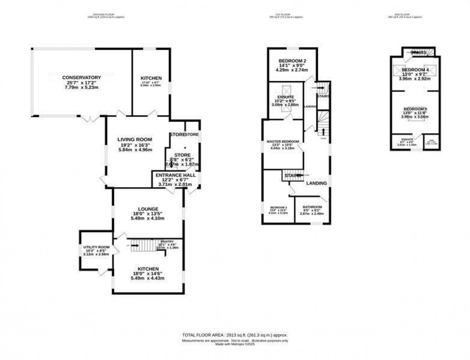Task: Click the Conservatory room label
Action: click(81, 77)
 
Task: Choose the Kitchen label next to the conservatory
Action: click(151, 78)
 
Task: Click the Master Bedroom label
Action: click(283, 141)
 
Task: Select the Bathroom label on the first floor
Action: click(312, 207)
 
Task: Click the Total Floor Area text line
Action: click(235, 335)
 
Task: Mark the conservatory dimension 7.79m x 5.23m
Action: click(81, 88)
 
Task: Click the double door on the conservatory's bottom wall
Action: click(87, 117)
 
